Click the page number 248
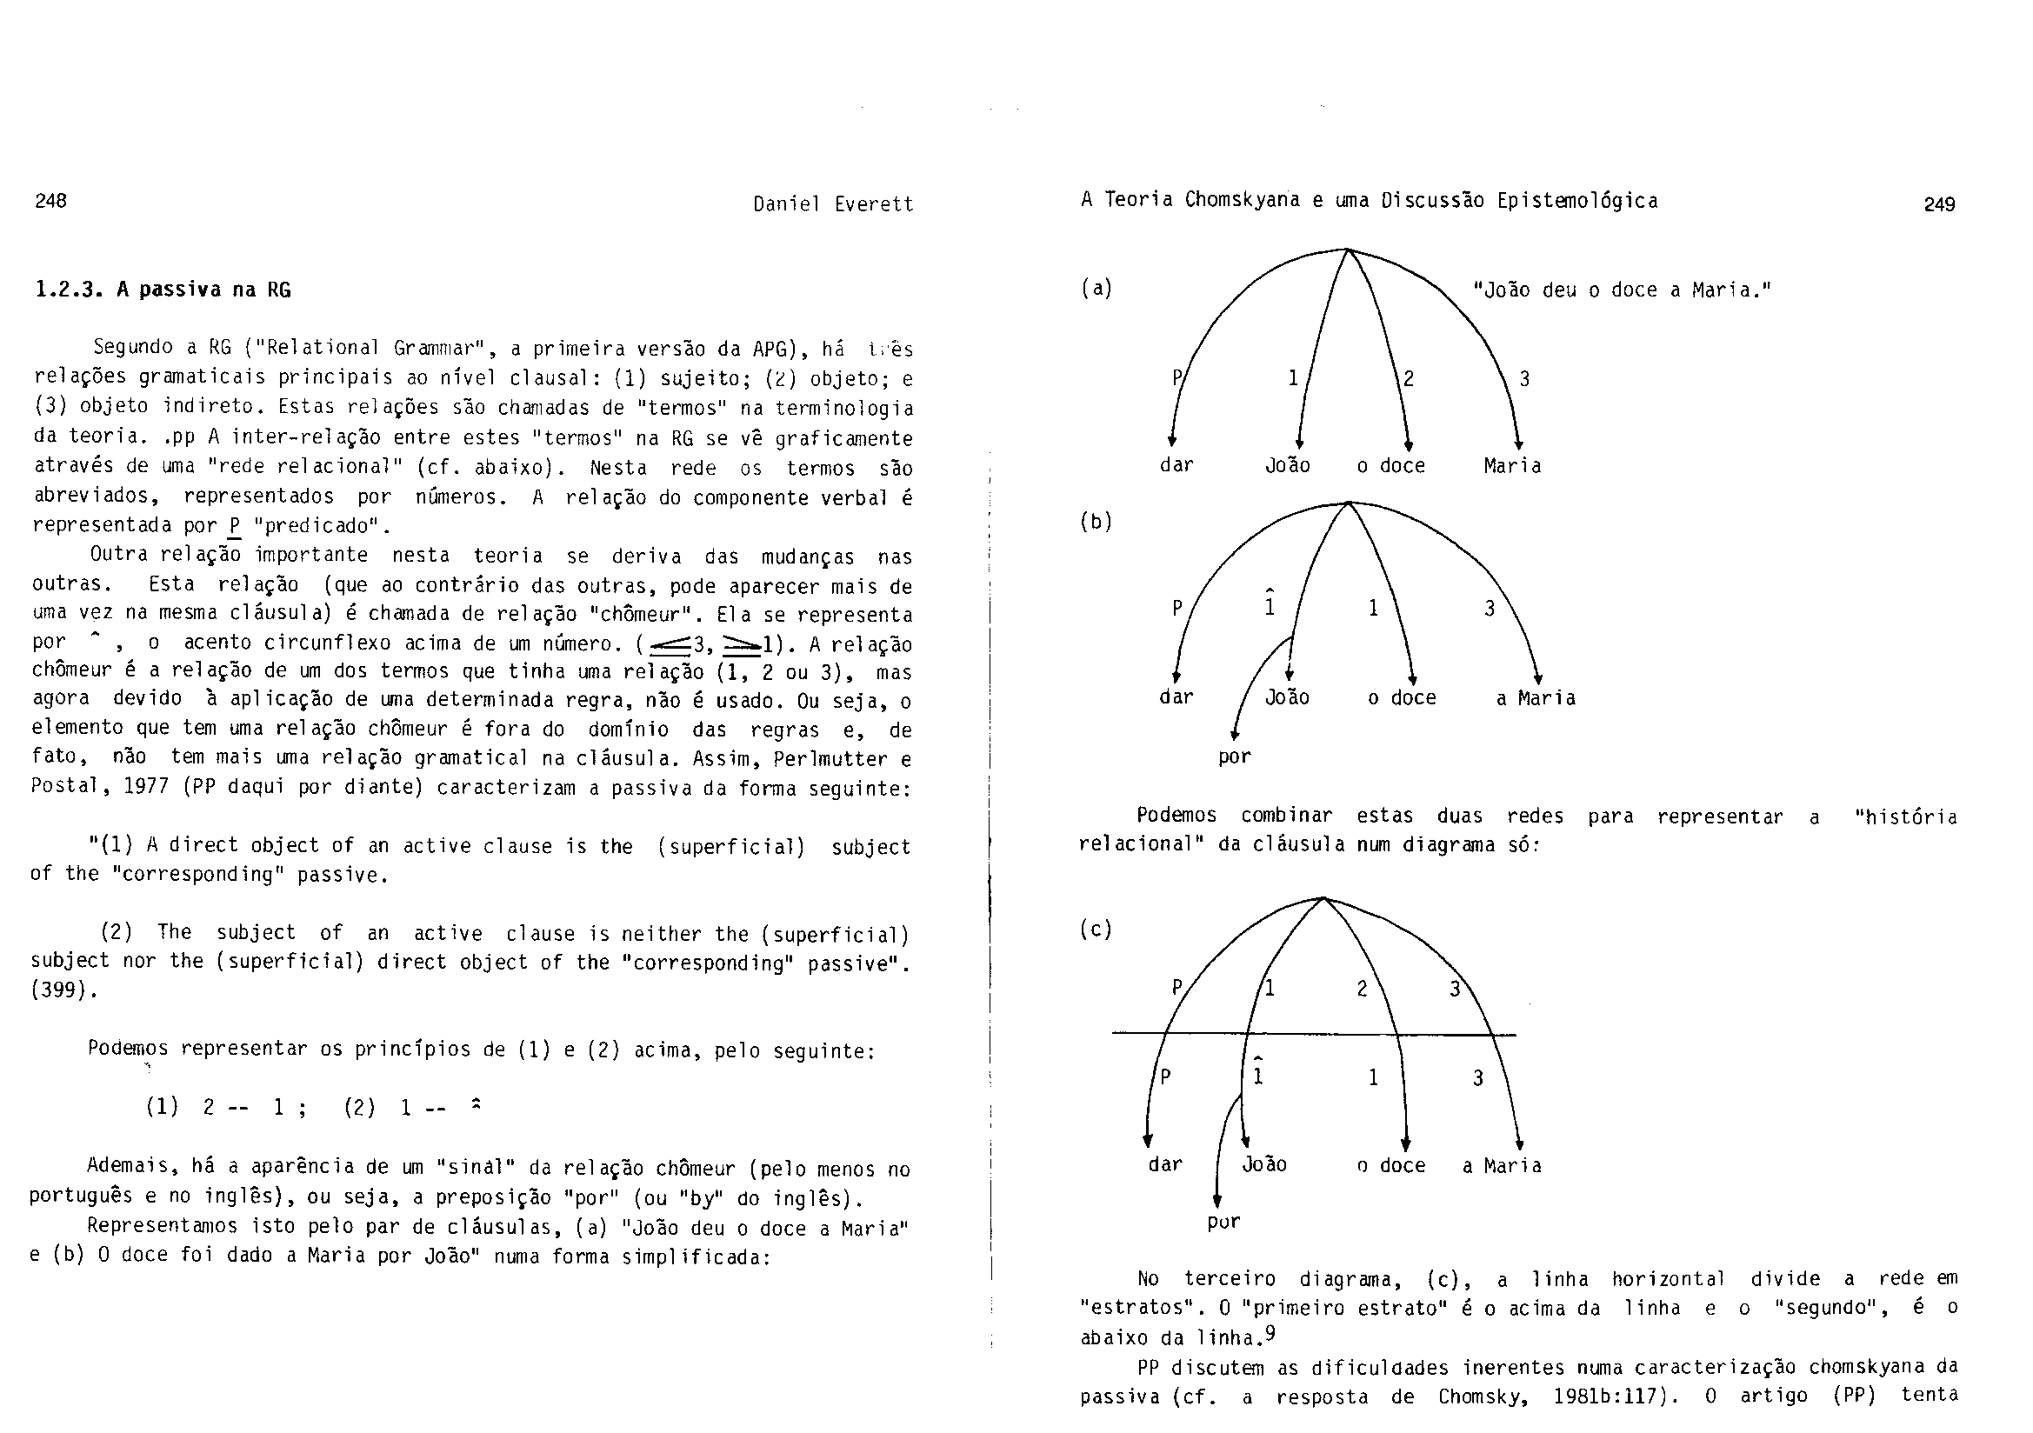(50, 200)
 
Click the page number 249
(1939, 204)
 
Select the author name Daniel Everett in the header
(832, 204)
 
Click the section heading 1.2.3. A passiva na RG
(163, 290)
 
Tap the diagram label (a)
(1096, 288)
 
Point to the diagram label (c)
(1096, 928)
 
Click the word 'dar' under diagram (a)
(1176, 466)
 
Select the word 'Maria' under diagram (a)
(1512, 466)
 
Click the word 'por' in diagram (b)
(1235, 757)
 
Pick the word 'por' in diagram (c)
(1223, 1223)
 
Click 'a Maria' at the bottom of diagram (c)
(1502, 1165)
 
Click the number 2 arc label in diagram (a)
(1409, 379)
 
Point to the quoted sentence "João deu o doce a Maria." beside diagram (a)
(1621, 290)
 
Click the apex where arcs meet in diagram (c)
(1323, 898)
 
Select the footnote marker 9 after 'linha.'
(1270, 1332)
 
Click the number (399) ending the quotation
(63, 990)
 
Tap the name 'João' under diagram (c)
(1264, 1164)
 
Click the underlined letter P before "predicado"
(235, 525)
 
